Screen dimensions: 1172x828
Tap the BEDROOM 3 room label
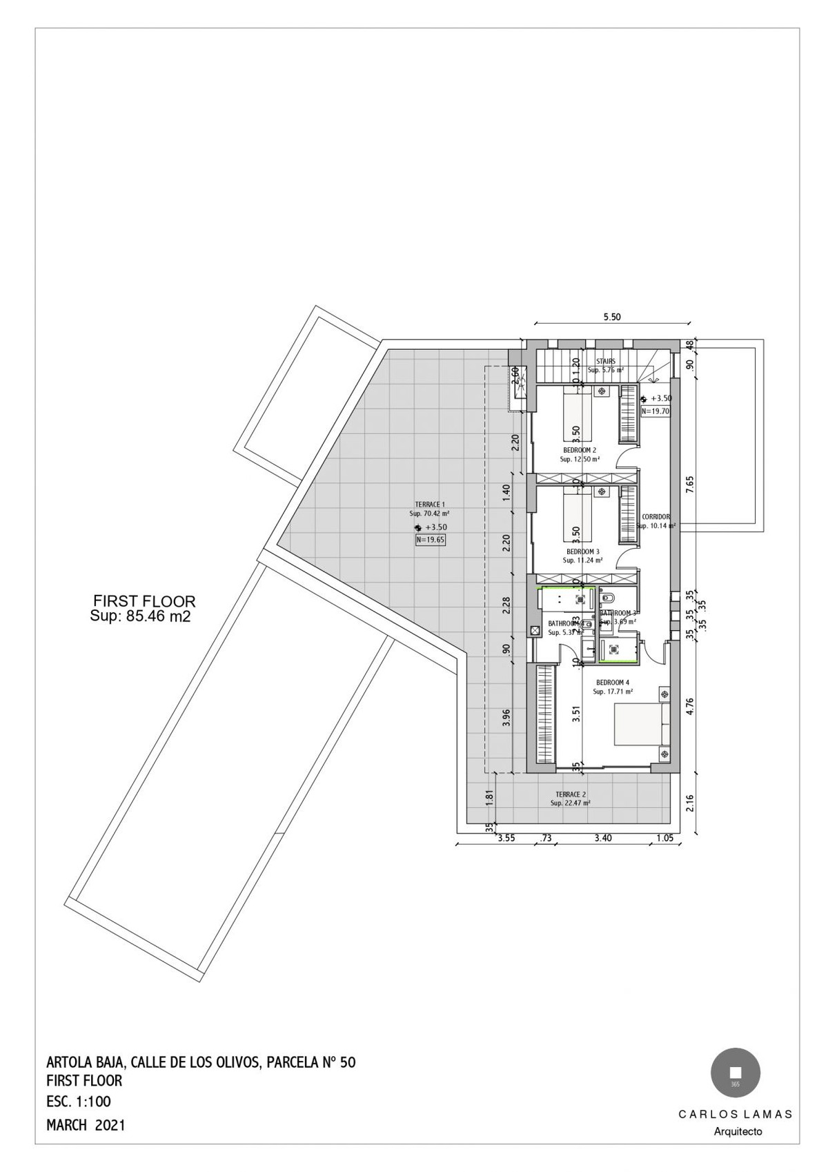[x=582, y=552]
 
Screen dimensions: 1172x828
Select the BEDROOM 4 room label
[x=613, y=683]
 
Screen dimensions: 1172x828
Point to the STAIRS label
[x=605, y=361]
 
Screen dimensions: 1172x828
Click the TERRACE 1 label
[x=429, y=505]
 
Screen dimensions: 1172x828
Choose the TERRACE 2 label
[x=571, y=794]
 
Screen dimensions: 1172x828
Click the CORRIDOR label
[x=655, y=517]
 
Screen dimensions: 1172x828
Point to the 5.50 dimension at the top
[x=612, y=318]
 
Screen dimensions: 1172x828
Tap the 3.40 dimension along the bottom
[x=602, y=839]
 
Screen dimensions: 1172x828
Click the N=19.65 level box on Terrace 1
[x=430, y=540]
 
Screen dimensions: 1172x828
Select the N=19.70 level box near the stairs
[x=655, y=411]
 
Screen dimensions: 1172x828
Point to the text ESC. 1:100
[x=78, y=1102]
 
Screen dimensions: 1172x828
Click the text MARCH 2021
[x=86, y=1125]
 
